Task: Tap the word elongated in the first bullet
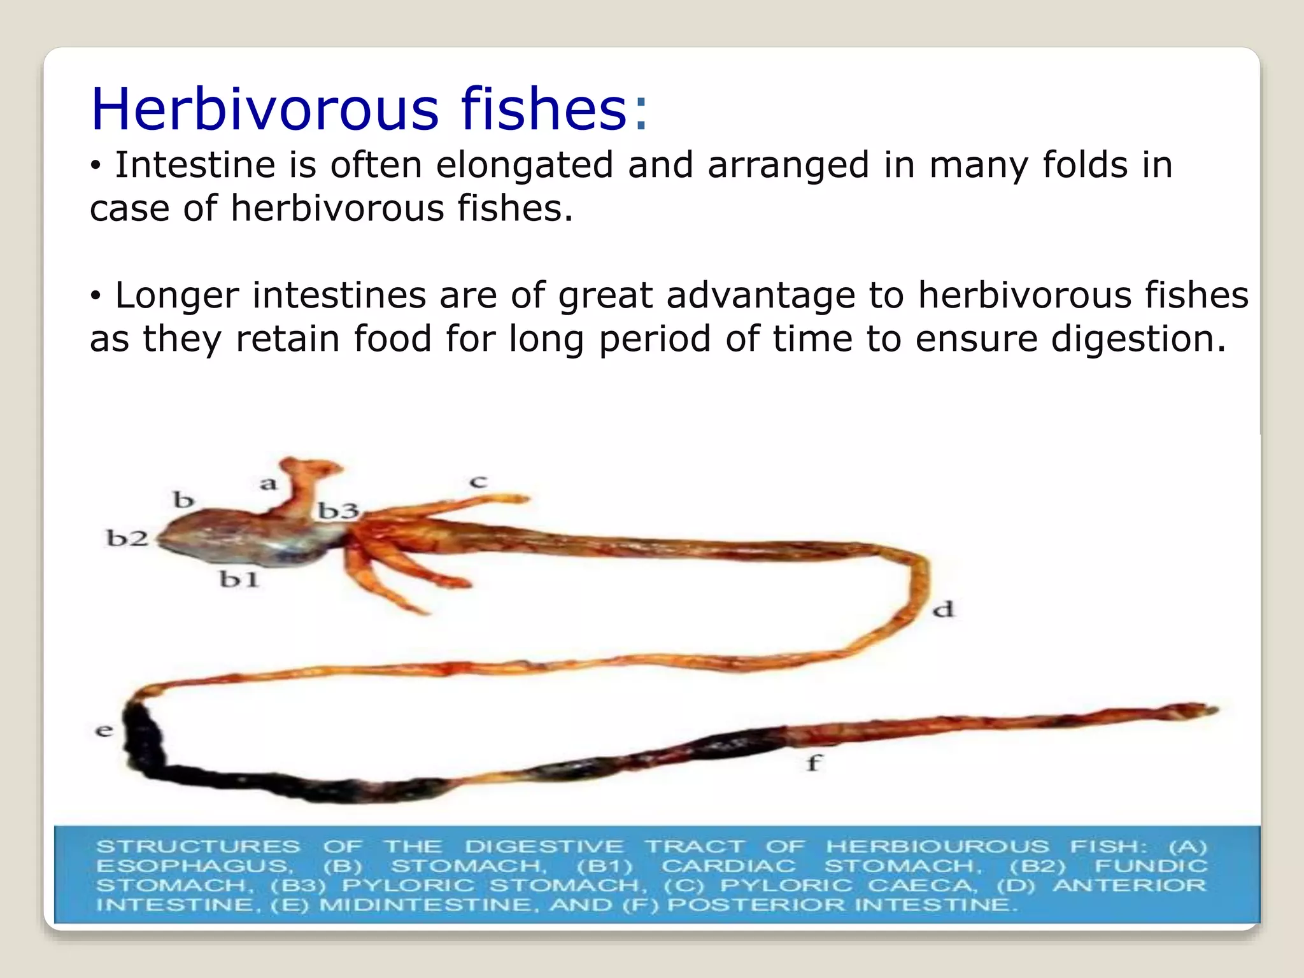coord(525,166)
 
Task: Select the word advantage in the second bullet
coord(760,296)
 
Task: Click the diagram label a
coord(269,484)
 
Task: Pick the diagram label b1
coord(239,579)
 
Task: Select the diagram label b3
coord(338,511)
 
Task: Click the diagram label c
coord(478,482)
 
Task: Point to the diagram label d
coord(943,610)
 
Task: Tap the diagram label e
coord(104,730)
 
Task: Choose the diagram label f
coord(814,762)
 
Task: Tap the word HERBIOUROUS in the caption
coord(937,847)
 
